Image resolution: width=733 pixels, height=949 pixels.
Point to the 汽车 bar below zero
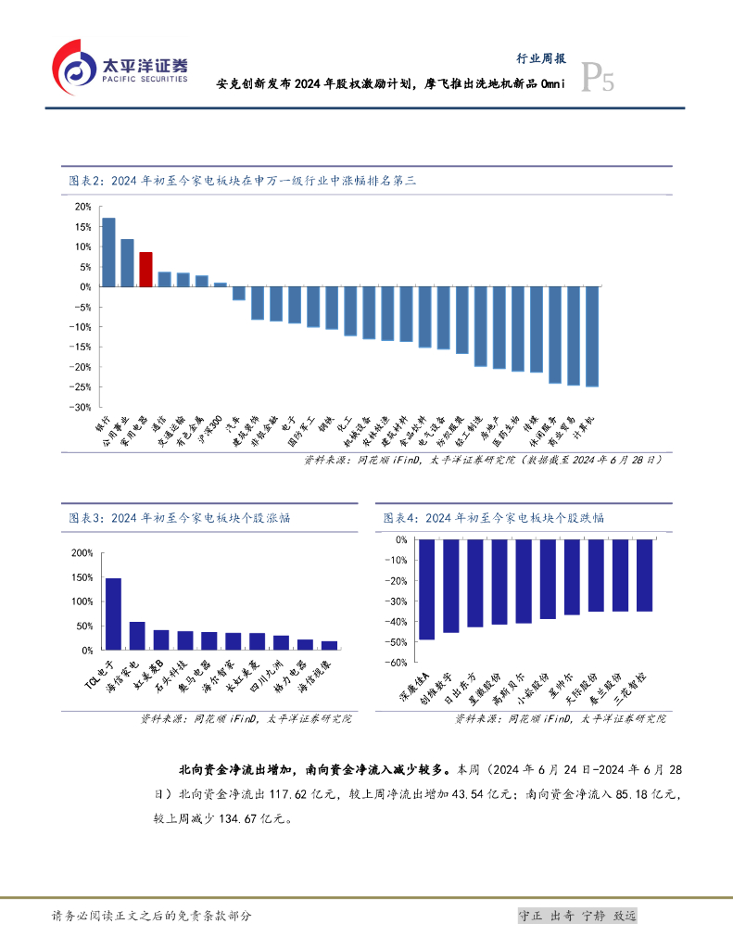[x=239, y=293]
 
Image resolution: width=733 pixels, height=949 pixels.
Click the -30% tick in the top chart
[x=83, y=407]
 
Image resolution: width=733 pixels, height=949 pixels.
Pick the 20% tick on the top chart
[x=83, y=207]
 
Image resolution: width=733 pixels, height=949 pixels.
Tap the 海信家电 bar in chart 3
[x=137, y=636]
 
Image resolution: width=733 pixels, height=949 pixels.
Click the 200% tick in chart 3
[x=82, y=553]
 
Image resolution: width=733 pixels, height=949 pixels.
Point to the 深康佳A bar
[x=427, y=589]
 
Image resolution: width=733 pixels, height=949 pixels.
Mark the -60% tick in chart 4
[x=397, y=663]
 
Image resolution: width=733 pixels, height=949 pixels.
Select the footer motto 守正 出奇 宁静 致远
[x=577, y=916]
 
